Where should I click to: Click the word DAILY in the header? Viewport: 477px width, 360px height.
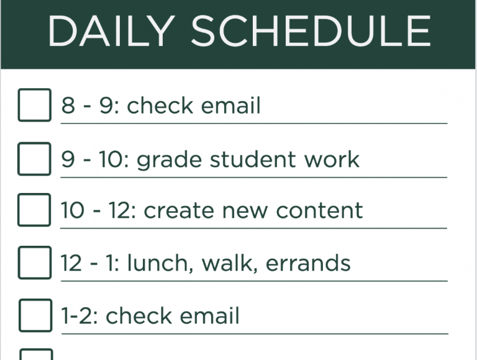pyautogui.click(x=111, y=31)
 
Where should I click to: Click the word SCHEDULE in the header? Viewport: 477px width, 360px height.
pyautogui.click(x=311, y=31)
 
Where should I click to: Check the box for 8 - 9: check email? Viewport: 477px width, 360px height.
pyautogui.click(x=35, y=105)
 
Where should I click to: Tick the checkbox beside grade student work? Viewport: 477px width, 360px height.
pyautogui.click(x=34, y=159)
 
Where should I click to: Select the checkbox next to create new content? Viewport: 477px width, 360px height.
pyautogui.click(x=34, y=210)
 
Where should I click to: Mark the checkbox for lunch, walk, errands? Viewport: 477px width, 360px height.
pyautogui.click(x=35, y=263)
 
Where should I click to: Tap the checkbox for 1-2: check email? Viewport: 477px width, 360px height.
pyautogui.click(x=35, y=315)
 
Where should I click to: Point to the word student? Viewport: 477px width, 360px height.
pyautogui.click(x=253, y=159)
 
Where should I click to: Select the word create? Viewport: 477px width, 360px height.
pyautogui.click(x=179, y=210)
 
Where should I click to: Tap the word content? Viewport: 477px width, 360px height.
pyautogui.click(x=319, y=210)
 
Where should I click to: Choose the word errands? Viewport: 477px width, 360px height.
pyautogui.click(x=308, y=263)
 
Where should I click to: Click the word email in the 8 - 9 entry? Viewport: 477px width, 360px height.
pyautogui.click(x=230, y=106)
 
